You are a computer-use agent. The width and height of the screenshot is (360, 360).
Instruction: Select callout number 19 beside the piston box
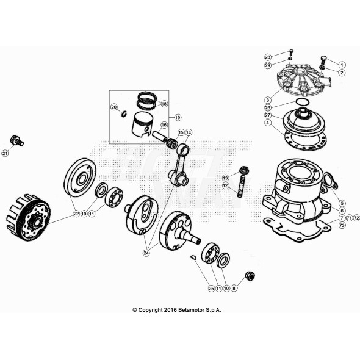[178, 117]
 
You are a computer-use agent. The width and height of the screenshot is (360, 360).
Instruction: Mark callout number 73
[342, 226]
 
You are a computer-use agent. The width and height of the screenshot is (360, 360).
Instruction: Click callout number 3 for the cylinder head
[268, 99]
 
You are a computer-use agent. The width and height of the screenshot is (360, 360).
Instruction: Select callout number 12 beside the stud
[225, 185]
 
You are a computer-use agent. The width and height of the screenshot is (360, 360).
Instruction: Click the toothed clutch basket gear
[27, 217]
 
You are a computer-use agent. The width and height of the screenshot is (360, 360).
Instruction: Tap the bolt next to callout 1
[323, 62]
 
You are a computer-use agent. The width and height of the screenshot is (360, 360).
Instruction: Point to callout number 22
[76, 214]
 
